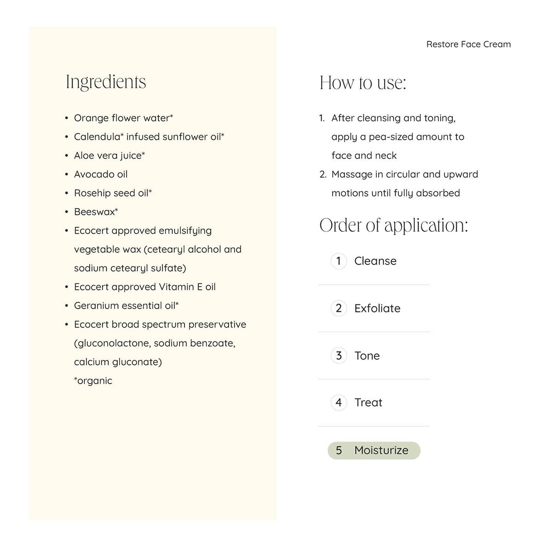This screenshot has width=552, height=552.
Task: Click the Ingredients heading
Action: (x=106, y=82)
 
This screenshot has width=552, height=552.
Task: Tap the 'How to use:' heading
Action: (x=363, y=83)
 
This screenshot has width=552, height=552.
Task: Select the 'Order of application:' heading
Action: (x=393, y=225)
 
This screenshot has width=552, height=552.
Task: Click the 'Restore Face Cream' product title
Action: (x=468, y=45)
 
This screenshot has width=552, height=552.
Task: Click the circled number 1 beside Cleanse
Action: (x=339, y=261)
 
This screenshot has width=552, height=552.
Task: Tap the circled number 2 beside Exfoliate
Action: (x=339, y=308)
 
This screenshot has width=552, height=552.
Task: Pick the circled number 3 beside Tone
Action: (x=339, y=356)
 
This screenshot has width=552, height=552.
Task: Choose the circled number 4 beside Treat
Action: (x=339, y=402)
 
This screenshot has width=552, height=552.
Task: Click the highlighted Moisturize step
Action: (x=374, y=450)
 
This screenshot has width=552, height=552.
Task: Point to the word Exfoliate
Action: (x=377, y=308)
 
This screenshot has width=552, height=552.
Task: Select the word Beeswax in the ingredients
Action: (x=94, y=212)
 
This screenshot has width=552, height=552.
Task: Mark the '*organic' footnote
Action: (x=93, y=381)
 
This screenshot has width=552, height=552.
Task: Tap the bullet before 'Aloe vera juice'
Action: (x=67, y=156)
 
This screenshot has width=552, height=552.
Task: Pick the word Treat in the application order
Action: (x=368, y=402)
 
